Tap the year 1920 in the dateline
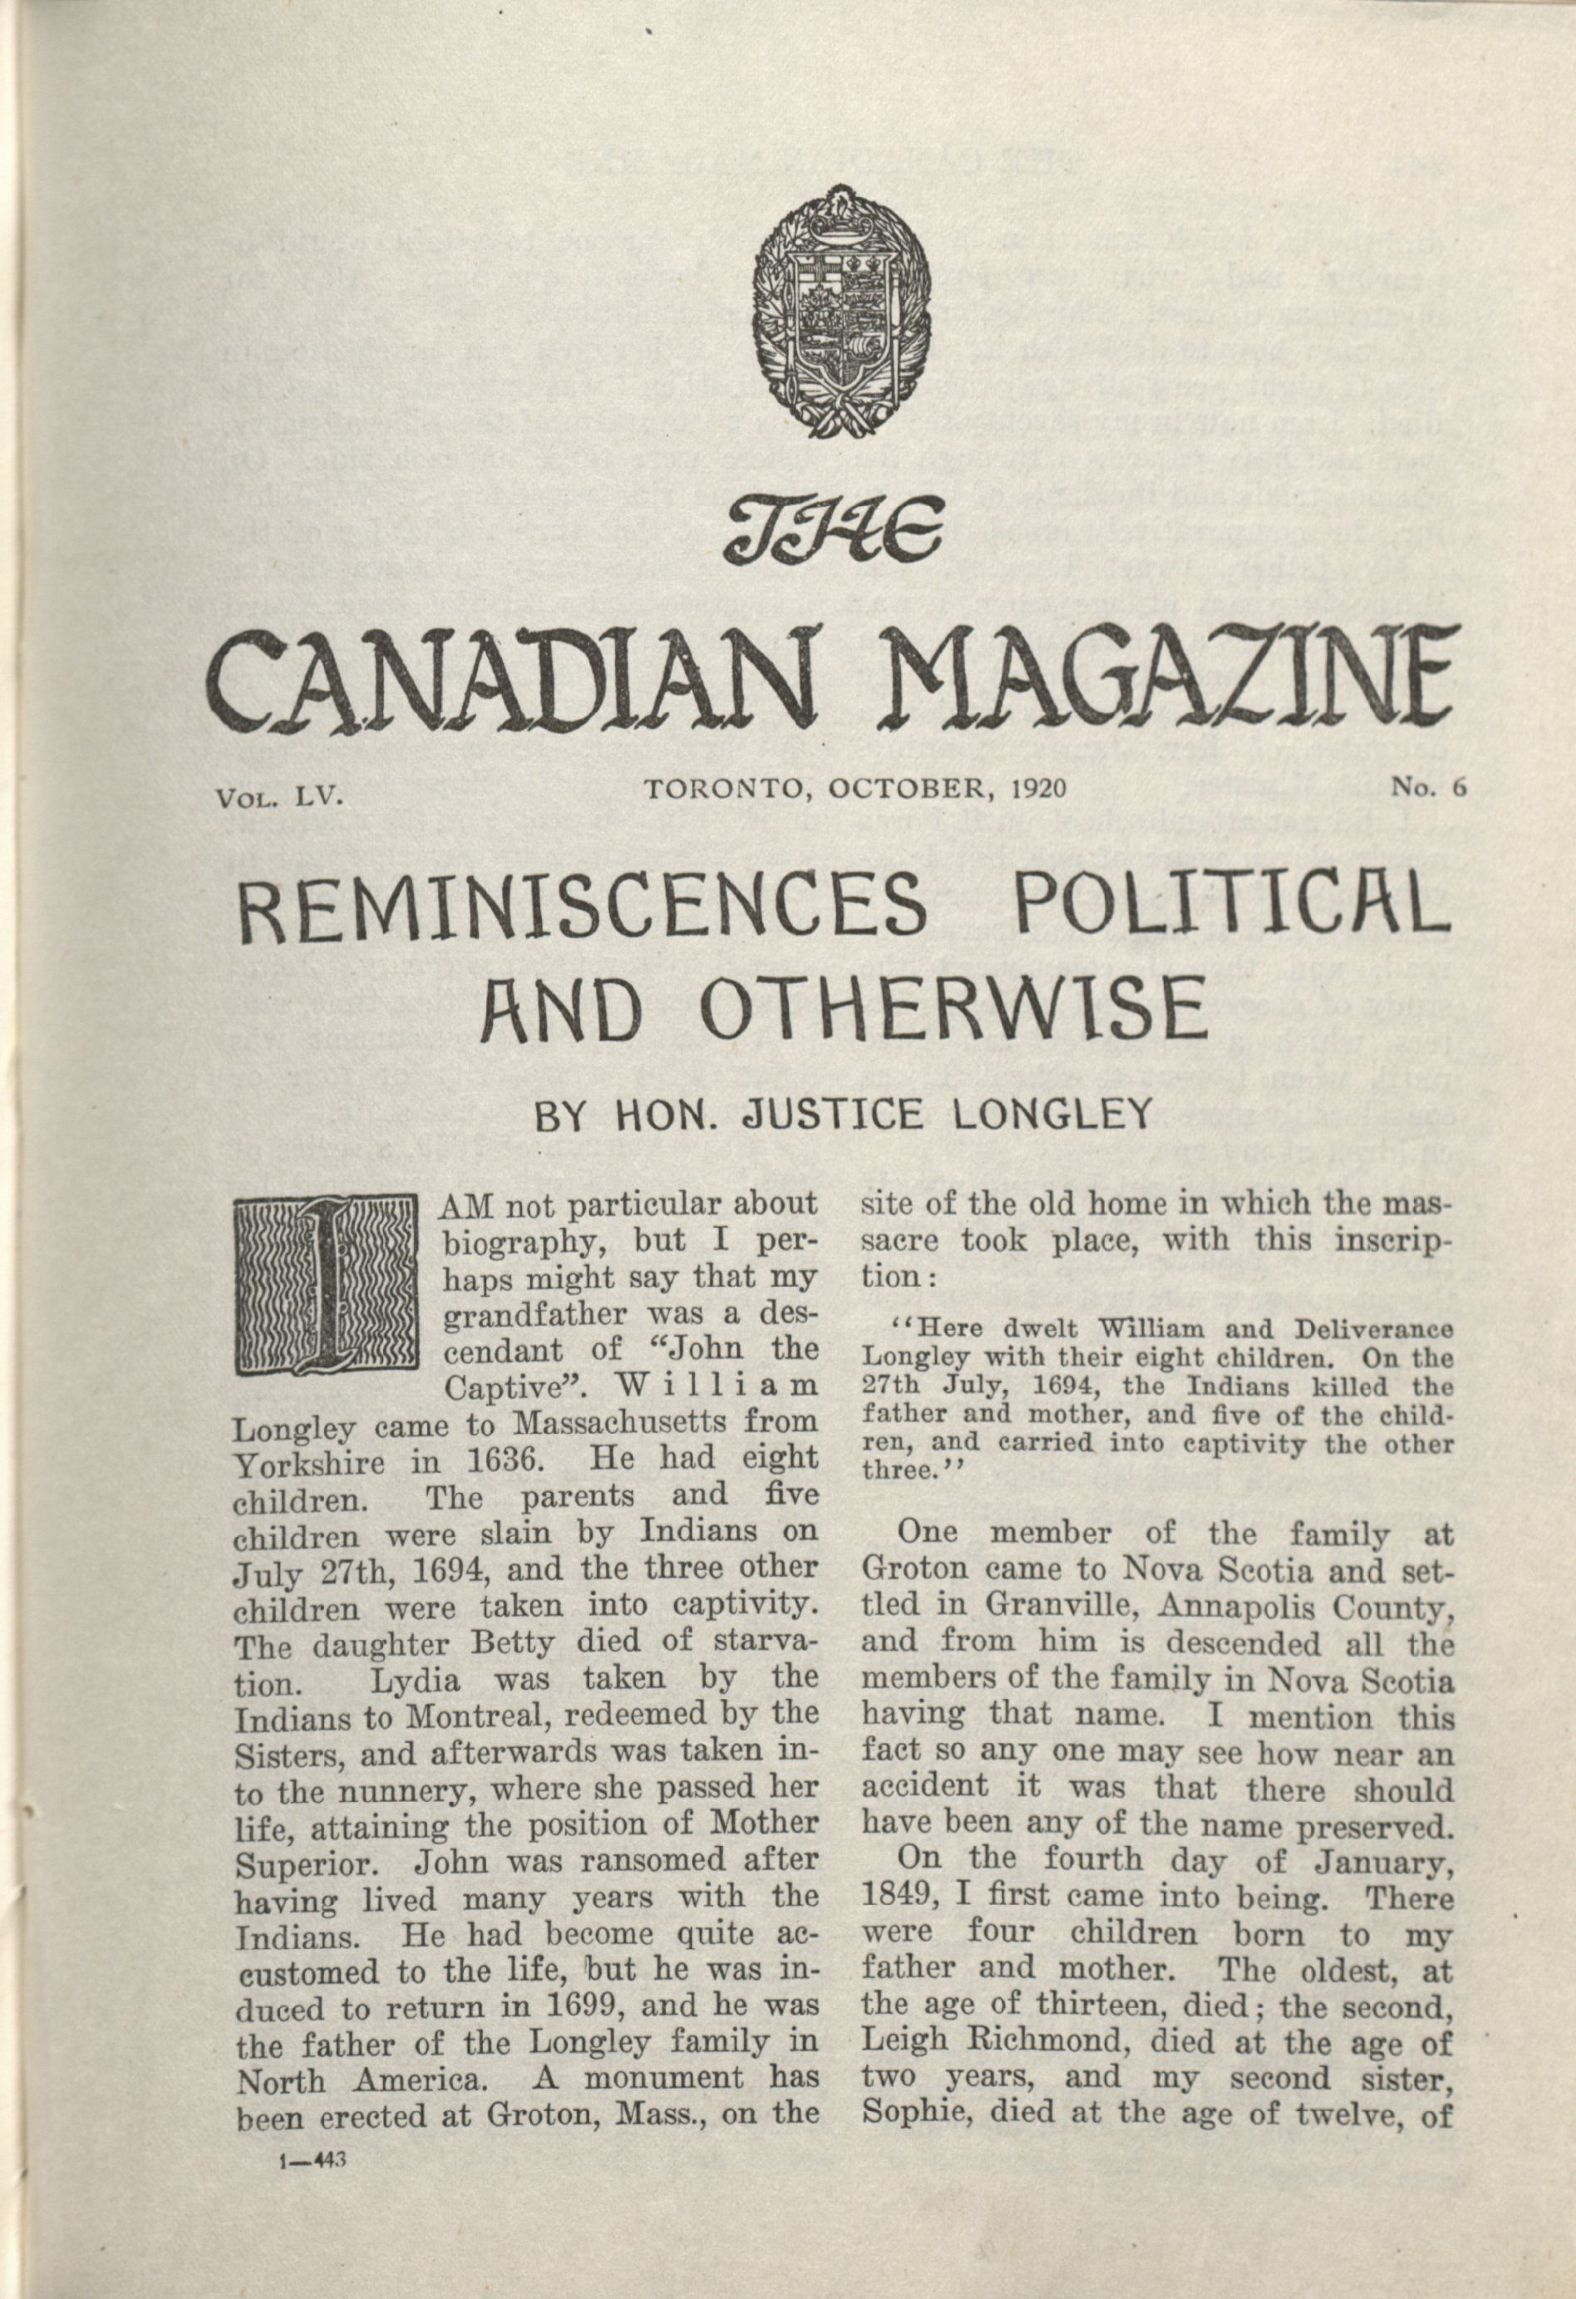[x=1038, y=789]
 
